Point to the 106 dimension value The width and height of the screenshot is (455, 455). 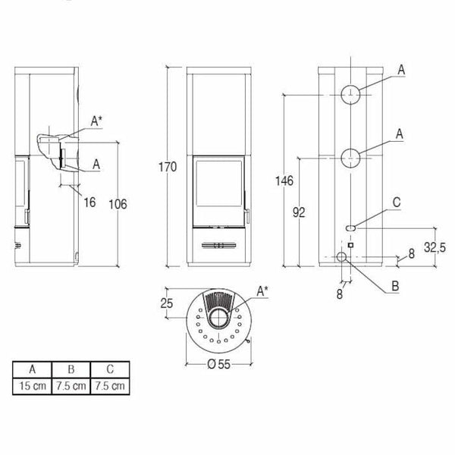point(117,204)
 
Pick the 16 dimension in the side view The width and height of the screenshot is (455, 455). point(90,202)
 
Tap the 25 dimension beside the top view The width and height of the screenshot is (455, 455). point(168,304)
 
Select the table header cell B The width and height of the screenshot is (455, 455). point(70,371)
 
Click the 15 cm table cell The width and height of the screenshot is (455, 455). point(32,386)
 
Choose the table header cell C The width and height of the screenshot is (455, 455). point(108,371)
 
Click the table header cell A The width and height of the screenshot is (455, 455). point(32,371)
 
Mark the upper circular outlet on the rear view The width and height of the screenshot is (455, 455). point(350,95)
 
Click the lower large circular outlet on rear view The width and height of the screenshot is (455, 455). point(350,157)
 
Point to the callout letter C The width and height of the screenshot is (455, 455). point(397,202)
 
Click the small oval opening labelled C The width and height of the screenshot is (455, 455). point(351,226)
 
